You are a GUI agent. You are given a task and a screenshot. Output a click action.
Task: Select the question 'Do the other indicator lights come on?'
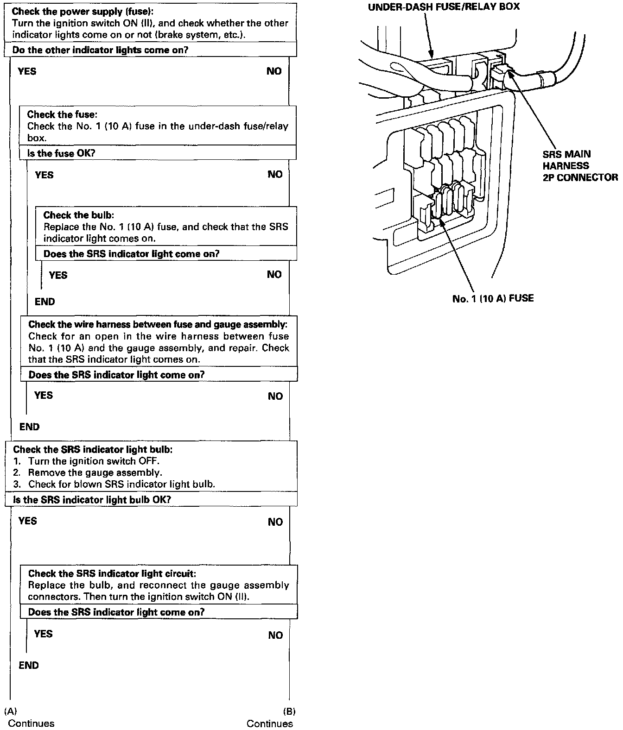click(100, 50)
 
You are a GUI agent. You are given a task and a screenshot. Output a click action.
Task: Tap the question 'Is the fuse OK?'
click(61, 153)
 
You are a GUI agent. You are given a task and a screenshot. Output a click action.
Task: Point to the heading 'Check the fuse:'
click(62, 114)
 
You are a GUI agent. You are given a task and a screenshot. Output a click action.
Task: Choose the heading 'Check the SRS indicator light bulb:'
click(93, 449)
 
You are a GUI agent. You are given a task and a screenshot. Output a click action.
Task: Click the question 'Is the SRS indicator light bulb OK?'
click(92, 499)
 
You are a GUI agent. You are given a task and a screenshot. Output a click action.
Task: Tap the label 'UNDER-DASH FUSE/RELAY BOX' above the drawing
click(444, 7)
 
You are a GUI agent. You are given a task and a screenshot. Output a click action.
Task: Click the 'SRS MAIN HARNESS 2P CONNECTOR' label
click(580, 165)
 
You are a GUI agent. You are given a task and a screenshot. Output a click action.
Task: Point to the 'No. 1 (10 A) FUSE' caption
click(493, 298)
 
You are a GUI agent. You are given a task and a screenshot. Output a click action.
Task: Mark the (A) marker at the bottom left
click(10, 711)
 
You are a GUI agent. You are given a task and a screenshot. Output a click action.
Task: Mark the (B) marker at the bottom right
click(289, 711)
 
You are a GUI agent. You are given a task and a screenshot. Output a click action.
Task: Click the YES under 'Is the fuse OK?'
click(44, 175)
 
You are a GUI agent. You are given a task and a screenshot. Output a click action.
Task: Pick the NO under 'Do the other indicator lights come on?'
click(274, 71)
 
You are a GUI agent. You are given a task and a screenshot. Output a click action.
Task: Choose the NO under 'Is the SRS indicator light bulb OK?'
click(275, 522)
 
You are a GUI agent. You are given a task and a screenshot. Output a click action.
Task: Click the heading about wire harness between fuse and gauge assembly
click(158, 324)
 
